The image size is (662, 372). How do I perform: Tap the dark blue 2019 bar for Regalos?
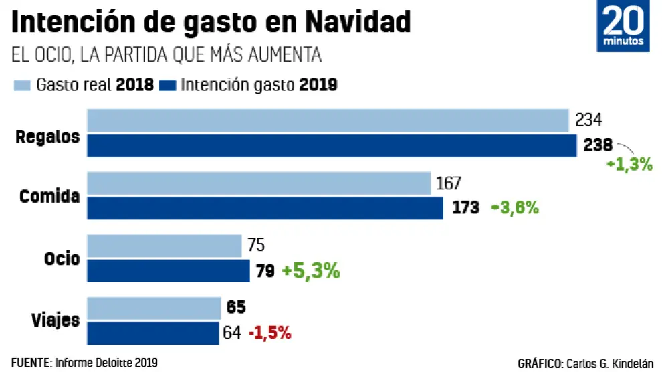click(332, 145)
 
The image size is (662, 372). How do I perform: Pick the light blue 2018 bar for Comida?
click(259, 183)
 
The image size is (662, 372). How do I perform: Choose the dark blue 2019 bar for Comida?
click(265, 208)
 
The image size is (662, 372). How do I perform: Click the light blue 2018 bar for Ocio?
click(164, 246)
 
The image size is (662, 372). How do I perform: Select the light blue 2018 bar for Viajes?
click(154, 308)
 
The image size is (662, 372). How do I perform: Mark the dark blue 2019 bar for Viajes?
click(152, 333)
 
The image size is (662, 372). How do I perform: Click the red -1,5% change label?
click(269, 333)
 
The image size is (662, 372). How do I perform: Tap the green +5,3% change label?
click(310, 271)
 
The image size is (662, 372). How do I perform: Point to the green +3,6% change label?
click(514, 208)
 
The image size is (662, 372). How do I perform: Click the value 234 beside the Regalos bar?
click(588, 120)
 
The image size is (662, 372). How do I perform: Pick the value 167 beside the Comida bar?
click(449, 183)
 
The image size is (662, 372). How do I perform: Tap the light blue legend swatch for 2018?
click(22, 86)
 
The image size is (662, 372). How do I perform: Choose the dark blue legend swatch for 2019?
click(169, 86)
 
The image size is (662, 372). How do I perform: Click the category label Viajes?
click(57, 320)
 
